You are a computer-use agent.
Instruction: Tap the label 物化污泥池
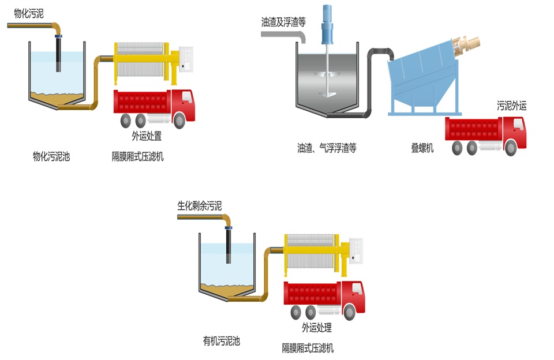click(x=51, y=156)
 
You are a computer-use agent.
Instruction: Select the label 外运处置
click(x=147, y=137)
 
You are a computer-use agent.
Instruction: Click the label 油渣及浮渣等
click(x=283, y=22)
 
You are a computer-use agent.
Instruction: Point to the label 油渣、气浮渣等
click(x=327, y=148)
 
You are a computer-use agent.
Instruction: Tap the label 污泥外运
click(x=512, y=106)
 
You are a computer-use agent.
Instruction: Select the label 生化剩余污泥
click(x=199, y=205)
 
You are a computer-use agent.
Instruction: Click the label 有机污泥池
click(x=221, y=341)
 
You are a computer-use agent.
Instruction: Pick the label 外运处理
click(x=317, y=328)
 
